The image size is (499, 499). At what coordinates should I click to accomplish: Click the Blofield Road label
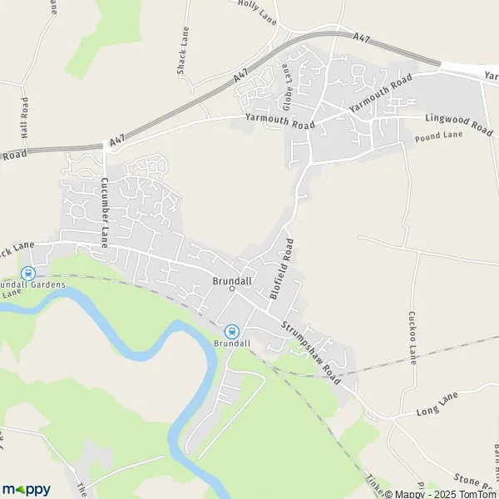tap(283, 269)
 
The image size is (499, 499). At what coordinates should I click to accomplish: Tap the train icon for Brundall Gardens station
tap(27, 272)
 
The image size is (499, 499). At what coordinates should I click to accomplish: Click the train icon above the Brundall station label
tap(232, 330)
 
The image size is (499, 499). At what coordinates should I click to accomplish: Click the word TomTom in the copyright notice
tap(477, 493)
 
